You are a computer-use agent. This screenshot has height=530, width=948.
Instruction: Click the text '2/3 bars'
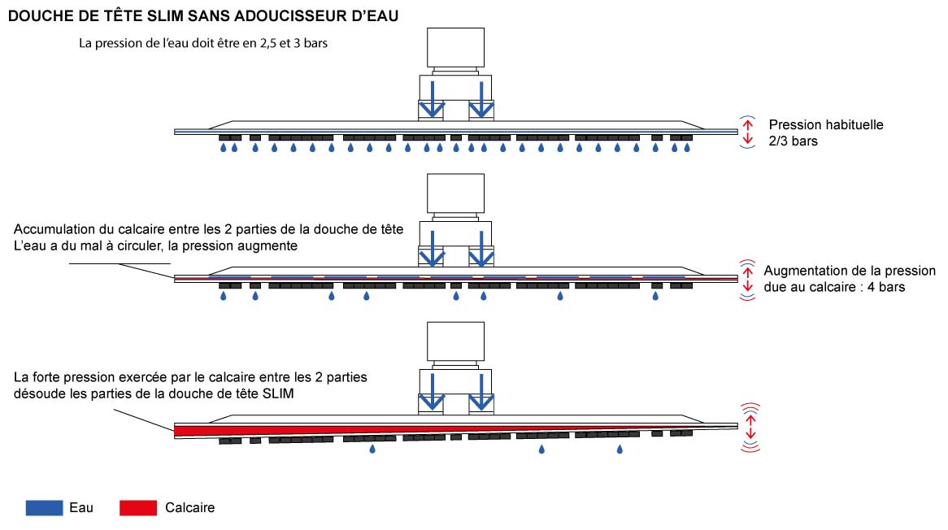coord(793,141)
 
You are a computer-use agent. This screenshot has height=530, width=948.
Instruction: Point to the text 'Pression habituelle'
coord(825,125)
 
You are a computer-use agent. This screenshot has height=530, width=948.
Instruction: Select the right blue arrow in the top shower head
coord(482,98)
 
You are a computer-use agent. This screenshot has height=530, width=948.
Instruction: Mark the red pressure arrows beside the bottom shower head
coord(750,427)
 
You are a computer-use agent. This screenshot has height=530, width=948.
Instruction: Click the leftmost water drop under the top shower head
coord(224,149)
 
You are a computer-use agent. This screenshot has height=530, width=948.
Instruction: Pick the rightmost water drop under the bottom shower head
coord(620,449)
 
